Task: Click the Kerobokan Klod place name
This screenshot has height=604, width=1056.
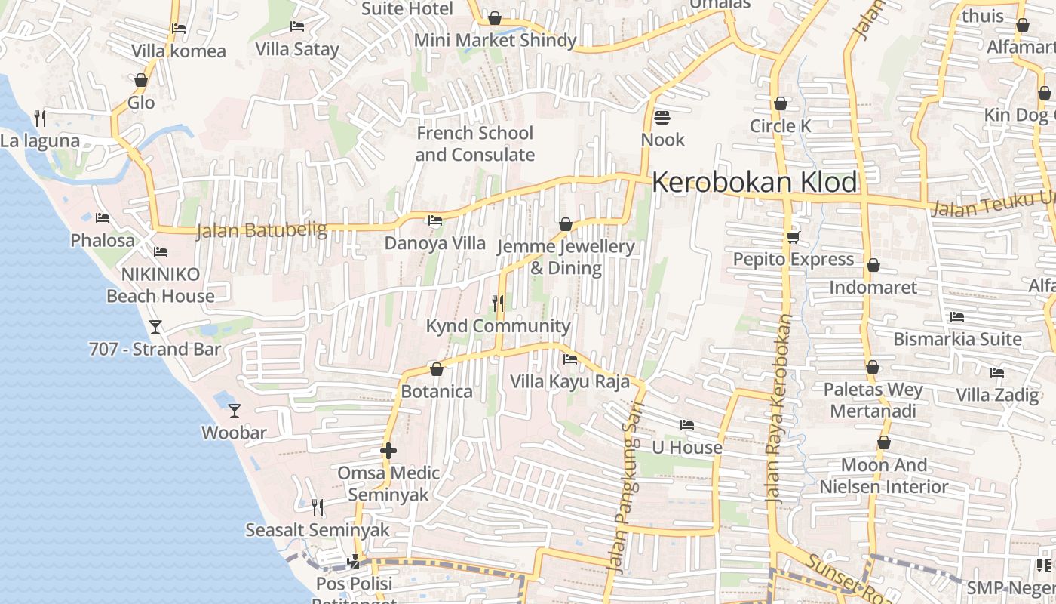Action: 754,183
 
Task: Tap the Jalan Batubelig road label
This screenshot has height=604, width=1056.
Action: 262,230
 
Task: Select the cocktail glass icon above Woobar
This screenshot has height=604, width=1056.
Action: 235,410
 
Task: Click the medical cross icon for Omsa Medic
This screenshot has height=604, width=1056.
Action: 388,451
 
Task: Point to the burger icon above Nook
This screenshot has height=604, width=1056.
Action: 662,117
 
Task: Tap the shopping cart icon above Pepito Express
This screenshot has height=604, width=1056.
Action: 793,237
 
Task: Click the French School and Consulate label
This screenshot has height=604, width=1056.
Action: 474,143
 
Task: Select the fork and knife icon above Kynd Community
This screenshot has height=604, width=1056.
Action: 498,304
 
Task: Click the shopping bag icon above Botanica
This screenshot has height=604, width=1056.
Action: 436,369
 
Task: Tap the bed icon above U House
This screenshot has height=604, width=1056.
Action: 686,425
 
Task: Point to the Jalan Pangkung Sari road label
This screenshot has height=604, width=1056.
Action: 627,498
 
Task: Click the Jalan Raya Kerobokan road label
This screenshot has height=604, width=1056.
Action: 778,408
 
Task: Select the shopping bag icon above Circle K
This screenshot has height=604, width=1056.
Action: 781,103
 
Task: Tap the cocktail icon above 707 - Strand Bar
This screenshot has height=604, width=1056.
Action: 155,327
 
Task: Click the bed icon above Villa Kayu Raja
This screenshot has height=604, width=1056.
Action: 570,359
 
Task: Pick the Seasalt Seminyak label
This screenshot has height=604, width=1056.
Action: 318,530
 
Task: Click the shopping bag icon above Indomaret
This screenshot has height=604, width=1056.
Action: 873,265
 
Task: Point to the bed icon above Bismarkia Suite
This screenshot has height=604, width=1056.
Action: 957,317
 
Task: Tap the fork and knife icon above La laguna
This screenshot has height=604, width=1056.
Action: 40,118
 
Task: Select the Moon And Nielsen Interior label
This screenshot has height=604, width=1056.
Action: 883,476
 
